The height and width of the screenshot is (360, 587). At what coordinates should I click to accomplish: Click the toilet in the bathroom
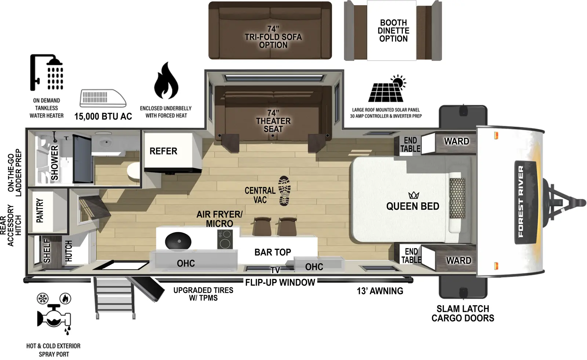pyautogui.click(x=134, y=172)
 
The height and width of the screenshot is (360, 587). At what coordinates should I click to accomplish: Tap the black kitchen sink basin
pyautogui.click(x=178, y=241)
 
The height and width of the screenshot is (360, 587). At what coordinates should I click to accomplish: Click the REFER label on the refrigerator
pyautogui.click(x=163, y=151)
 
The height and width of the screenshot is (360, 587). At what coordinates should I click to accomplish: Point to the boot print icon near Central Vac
pyautogui.click(x=284, y=190)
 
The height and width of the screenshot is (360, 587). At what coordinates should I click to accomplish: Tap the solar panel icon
pyautogui.click(x=387, y=89)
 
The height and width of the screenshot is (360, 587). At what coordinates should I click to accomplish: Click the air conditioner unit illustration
pyautogui.click(x=103, y=98)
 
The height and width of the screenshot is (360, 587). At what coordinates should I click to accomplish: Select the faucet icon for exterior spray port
pyautogui.click(x=54, y=316)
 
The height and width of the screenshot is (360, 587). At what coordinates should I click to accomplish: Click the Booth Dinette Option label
pyautogui.click(x=393, y=31)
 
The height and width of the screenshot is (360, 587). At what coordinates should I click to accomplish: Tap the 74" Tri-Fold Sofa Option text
pyautogui.click(x=273, y=37)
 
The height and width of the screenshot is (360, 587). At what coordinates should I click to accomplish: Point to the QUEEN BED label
pyautogui.click(x=412, y=206)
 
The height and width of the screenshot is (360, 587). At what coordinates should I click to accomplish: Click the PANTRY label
pyautogui.click(x=40, y=211)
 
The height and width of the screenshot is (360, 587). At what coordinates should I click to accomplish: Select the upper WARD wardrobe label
pyautogui.click(x=456, y=141)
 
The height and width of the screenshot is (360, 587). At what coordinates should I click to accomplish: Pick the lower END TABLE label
pyautogui.click(x=411, y=255)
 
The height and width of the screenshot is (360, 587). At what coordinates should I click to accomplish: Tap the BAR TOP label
pyautogui.click(x=273, y=252)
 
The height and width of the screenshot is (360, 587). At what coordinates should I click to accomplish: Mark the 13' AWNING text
pyautogui.click(x=380, y=291)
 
